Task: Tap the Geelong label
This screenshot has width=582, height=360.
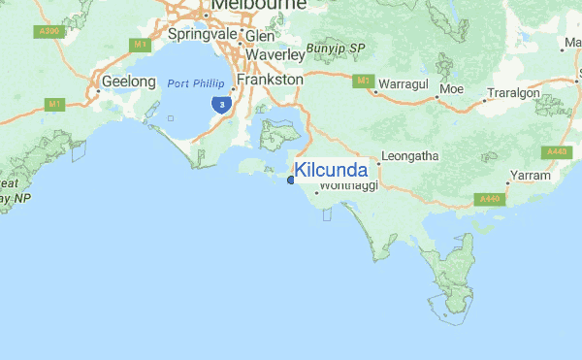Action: (128, 82)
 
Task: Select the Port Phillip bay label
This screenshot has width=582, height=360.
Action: (196, 83)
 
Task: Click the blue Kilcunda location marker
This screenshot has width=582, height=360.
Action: (291, 179)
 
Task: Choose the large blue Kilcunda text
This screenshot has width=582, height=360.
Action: (331, 171)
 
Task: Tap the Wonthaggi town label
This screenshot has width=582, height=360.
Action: (346, 186)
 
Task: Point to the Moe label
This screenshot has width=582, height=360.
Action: (451, 90)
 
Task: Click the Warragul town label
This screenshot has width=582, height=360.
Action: (403, 84)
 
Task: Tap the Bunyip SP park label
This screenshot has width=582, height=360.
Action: (335, 48)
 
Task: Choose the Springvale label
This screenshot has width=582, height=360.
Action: (204, 34)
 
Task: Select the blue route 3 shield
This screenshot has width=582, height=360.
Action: (223, 103)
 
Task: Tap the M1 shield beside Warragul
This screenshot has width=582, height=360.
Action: (364, 81)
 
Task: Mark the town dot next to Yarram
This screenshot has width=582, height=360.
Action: (507, 181)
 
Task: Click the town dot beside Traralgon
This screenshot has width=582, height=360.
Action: (484, 99)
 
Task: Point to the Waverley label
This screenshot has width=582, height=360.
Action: (275, 54)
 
